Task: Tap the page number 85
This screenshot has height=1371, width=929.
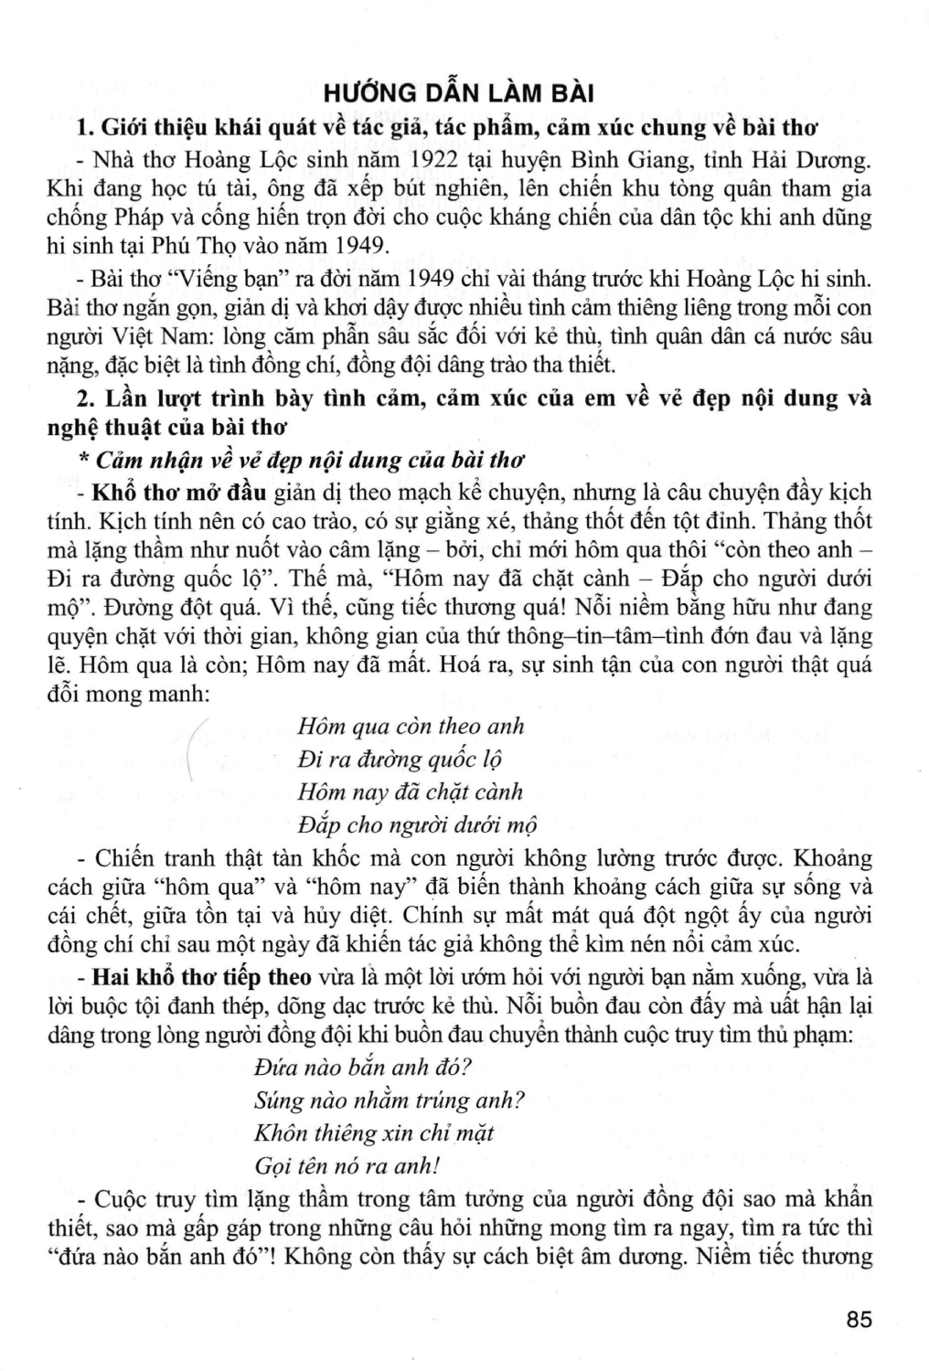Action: coord(860,1320)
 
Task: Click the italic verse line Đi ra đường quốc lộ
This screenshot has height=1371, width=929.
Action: coord(400,760)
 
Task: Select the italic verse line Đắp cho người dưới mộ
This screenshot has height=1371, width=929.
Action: coord(417,825)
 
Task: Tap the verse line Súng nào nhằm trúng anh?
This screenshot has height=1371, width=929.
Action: coord(390,1100)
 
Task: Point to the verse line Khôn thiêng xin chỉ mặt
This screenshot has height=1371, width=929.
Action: coord(374,1133)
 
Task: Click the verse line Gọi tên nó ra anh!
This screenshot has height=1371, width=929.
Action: coord(347,1166)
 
